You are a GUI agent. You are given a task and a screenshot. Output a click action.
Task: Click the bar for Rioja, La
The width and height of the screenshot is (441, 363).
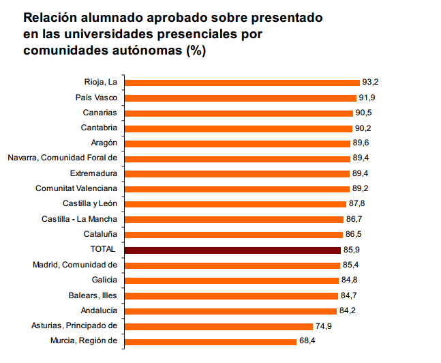(242, 83)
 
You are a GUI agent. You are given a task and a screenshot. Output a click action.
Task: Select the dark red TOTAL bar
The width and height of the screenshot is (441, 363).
(232, 250)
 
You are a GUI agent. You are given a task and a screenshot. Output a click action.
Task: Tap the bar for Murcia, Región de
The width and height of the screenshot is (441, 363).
(211, 340)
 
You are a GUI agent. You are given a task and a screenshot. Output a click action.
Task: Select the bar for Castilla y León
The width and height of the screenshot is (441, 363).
(235, 204)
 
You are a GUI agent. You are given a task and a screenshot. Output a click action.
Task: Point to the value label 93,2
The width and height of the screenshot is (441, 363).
(370, 83)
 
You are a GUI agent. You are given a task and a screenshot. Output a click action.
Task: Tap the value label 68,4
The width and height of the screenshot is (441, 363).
(307, 340)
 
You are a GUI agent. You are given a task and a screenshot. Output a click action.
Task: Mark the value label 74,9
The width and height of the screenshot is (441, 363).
(323, 325)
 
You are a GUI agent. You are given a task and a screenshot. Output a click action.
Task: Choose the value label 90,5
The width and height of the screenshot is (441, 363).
(363, 113)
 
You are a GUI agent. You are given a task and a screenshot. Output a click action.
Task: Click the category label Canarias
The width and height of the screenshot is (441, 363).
(100, 113)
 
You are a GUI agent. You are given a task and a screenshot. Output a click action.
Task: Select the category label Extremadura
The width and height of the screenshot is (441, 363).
(94, 173)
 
